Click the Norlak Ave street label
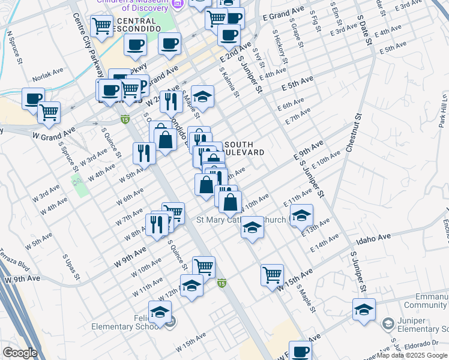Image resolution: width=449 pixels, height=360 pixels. point(49,70)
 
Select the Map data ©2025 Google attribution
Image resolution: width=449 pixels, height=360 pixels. point(412,356)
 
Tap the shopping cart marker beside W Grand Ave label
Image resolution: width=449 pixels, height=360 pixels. point(49,112)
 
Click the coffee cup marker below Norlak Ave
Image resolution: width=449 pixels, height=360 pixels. point(33,98)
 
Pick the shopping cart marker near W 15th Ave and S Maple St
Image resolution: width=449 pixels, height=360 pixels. point(272,275)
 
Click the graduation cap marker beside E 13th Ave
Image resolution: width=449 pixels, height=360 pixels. point(301,215)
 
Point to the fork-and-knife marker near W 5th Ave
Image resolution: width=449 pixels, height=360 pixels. point(144,152)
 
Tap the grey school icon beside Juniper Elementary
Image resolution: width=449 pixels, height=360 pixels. point(388,324)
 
